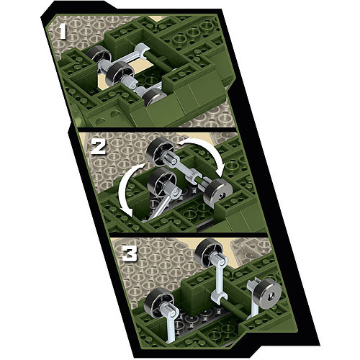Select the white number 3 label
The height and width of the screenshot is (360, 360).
(x=130, y=253)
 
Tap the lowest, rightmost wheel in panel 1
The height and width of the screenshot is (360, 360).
(x=154, y=96)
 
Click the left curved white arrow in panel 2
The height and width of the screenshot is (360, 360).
(x=131, y=188)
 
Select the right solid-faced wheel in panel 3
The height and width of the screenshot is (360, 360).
(x=269, y=296)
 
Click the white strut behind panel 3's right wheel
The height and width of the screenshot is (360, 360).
(x=253, y=297)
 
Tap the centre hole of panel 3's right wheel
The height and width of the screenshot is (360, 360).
(x=271, y=297)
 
